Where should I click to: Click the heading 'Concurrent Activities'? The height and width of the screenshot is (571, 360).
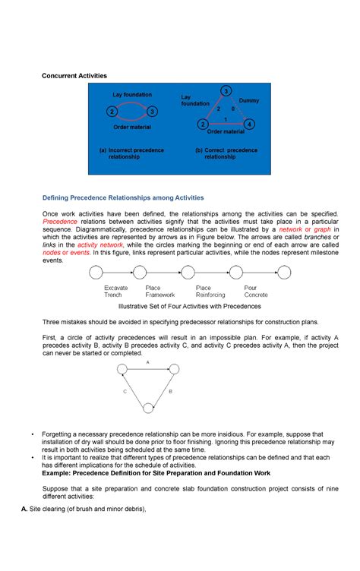(x=74, y=76)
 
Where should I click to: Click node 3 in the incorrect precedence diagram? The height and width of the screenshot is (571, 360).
(x=153, y=112)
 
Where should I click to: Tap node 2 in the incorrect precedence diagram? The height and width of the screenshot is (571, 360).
(x=112, y=112)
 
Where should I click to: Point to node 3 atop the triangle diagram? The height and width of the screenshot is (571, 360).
(x=226, y=91)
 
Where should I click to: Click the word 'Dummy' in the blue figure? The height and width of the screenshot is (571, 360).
(x=249, y=101)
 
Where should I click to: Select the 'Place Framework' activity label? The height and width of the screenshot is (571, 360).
(x=159, y=292)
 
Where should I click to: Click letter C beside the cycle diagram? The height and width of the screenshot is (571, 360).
(x=124, y=392)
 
